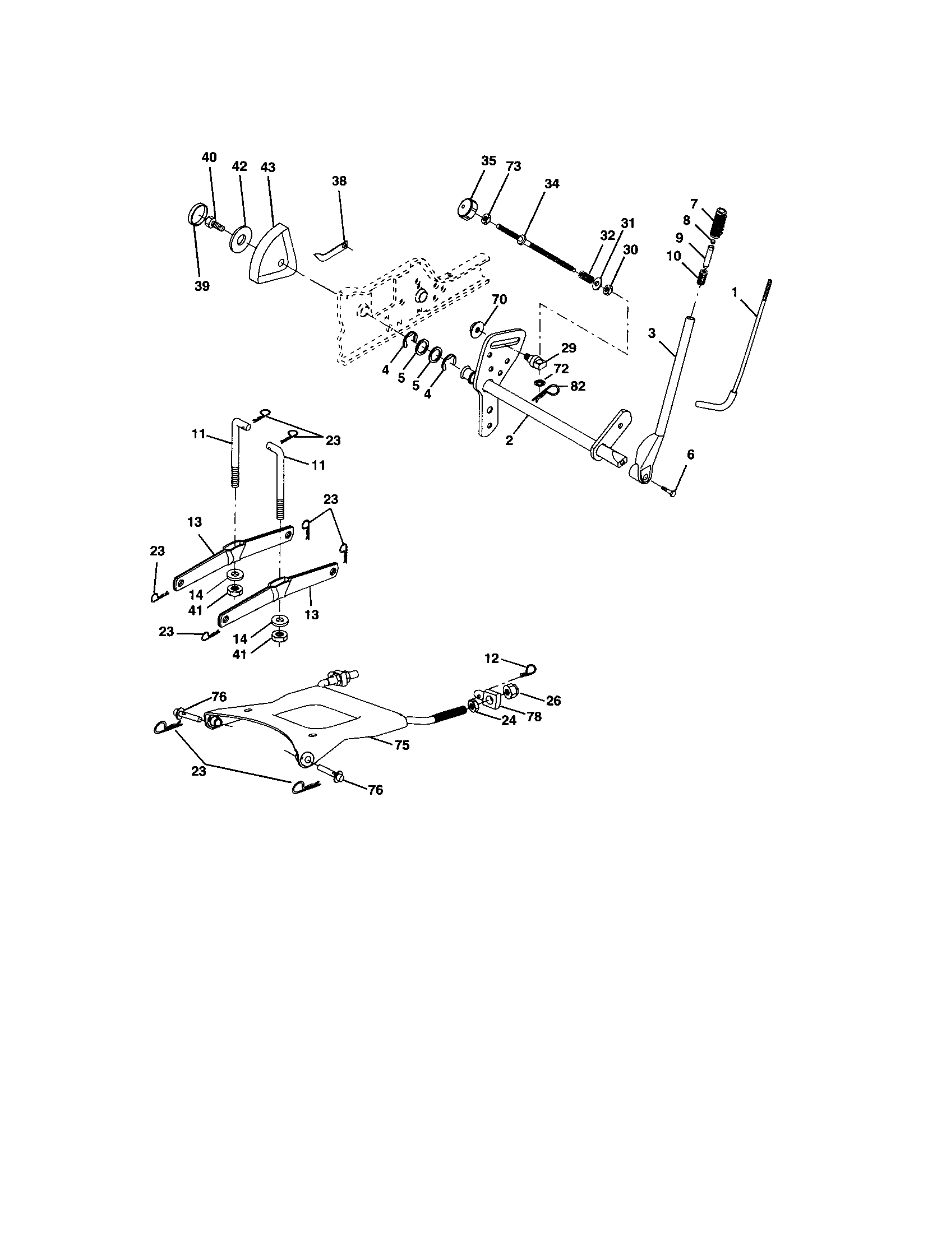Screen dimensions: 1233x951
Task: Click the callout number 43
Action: pos(267,167)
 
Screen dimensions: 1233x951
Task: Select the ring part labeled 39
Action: pos(193,216)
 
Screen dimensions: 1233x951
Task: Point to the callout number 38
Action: pos(339,181)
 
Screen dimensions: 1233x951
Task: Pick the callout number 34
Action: pos(552,183)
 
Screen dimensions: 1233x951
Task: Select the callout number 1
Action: pos(734,292)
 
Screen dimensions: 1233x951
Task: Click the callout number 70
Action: pos(500,299)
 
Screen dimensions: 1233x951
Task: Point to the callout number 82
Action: pos(578,386)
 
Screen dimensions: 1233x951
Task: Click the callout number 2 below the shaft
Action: pos(509,441)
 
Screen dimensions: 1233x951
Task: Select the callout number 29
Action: pos(569,349)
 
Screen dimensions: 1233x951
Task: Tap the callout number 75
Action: pos(401,745)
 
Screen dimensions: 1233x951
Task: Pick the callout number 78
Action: pos(533,716)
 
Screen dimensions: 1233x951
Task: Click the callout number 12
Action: pos(492,659)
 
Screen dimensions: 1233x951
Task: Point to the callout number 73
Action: pos(513,166)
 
